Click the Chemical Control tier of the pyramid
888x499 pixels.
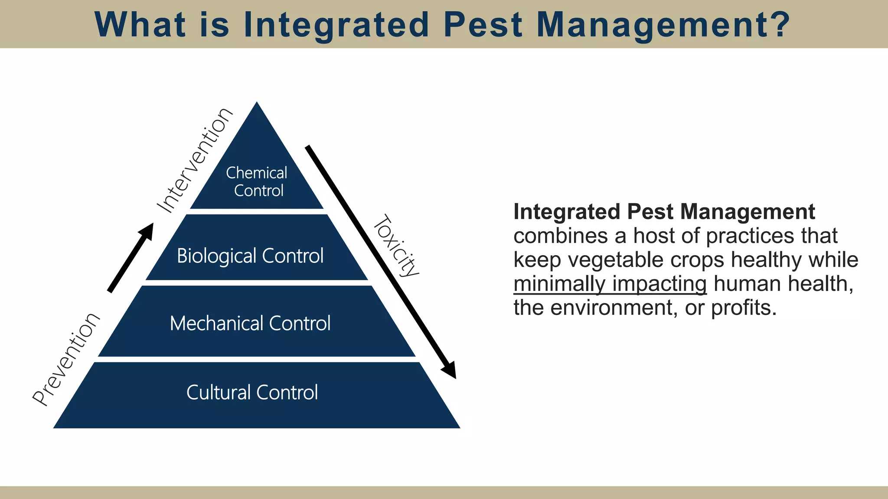257,182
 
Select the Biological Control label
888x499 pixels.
250,256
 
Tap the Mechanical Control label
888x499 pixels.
250,324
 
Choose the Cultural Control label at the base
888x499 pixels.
252,392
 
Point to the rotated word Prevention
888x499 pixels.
66,360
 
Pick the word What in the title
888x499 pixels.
140,24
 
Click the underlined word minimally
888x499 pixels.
559,284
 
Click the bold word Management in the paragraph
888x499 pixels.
748,212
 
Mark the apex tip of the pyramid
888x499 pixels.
257,103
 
